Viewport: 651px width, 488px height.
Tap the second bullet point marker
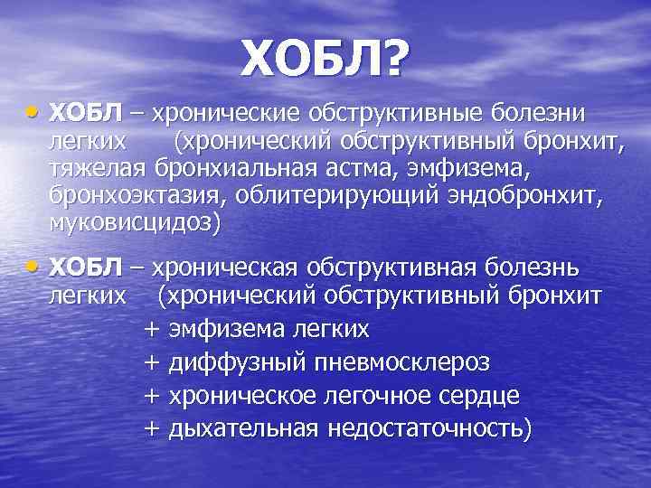[x=33, y=267]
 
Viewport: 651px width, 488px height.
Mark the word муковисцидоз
[x=131, y=222]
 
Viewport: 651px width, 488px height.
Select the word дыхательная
[x=252, y=429]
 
